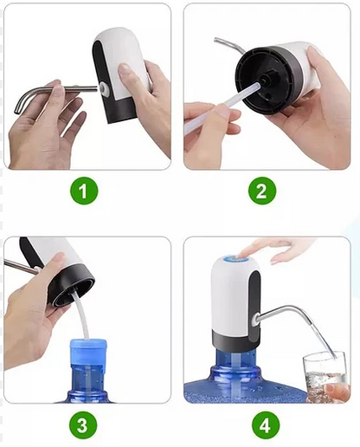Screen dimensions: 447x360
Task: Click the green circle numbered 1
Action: click(x=83, y=191)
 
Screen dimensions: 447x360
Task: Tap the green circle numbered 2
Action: click(x=262, y=191)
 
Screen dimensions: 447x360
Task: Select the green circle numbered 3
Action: click(x=83, y=424)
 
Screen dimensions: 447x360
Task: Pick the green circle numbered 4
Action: click(x=262, y=424)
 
